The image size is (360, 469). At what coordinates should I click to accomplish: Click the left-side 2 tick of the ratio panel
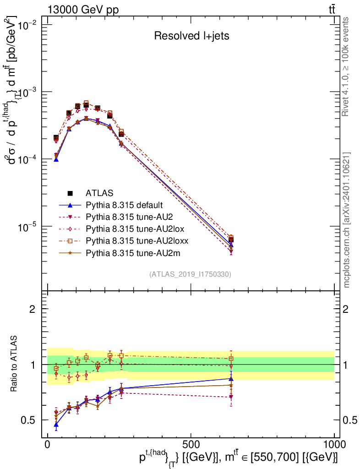coord(33,309)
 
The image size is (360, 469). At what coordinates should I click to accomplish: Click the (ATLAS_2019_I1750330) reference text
coord(190,274)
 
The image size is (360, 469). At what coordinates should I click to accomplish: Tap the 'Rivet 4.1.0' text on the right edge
coord(346,66)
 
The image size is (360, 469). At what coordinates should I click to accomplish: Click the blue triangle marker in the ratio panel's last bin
coord(231,379)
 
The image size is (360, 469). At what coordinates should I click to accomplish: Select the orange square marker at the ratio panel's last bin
coord(231,359)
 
